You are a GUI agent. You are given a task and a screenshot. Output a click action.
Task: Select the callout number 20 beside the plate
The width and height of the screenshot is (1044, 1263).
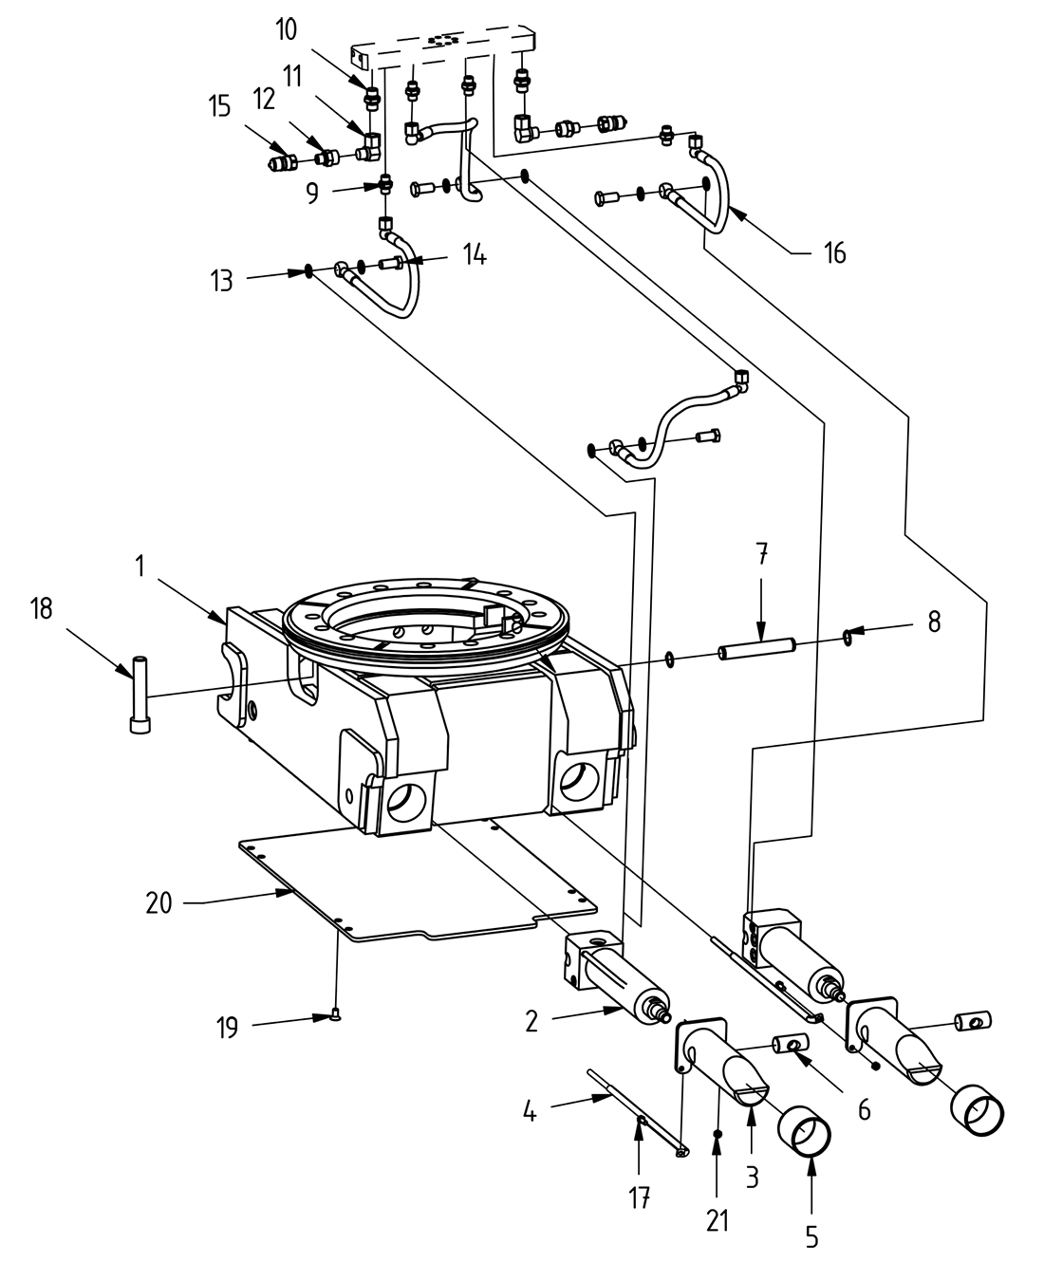(158, 902)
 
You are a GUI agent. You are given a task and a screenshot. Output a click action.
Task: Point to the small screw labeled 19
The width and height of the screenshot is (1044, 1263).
(335, 1017)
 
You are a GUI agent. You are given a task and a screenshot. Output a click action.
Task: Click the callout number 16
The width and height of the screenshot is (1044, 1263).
(833, 252)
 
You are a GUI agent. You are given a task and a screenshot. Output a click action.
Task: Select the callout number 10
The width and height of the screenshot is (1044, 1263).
(286, 29)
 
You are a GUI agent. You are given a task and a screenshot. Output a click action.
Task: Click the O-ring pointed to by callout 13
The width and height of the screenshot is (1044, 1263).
(308, 272)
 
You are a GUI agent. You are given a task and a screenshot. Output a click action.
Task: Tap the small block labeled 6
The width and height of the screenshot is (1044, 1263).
(789, 1045)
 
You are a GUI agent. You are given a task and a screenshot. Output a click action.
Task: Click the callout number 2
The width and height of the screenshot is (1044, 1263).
(531, 1021)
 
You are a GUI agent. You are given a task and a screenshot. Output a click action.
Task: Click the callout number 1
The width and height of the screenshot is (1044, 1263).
(140, 566)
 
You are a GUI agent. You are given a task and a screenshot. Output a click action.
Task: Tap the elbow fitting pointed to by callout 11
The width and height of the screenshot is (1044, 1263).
(370, 145)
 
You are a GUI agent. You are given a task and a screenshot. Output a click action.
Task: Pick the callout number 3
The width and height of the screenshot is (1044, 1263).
(752, 1179)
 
